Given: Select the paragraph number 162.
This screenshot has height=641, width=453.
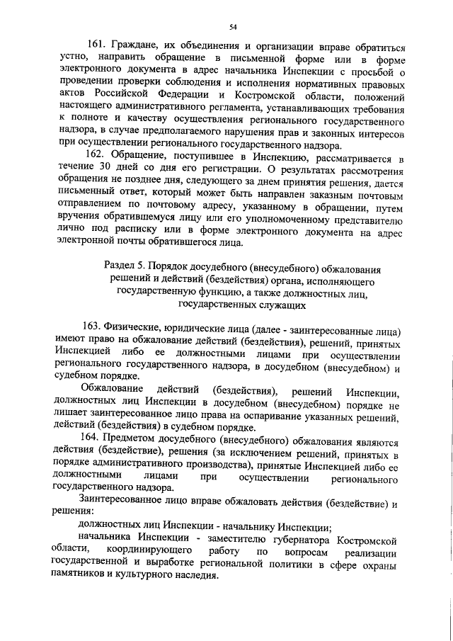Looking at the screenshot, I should pyautogui.click(x=94, y=154).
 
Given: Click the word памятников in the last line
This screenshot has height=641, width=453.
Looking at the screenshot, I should pyautogui.click(x=83, y=579).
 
